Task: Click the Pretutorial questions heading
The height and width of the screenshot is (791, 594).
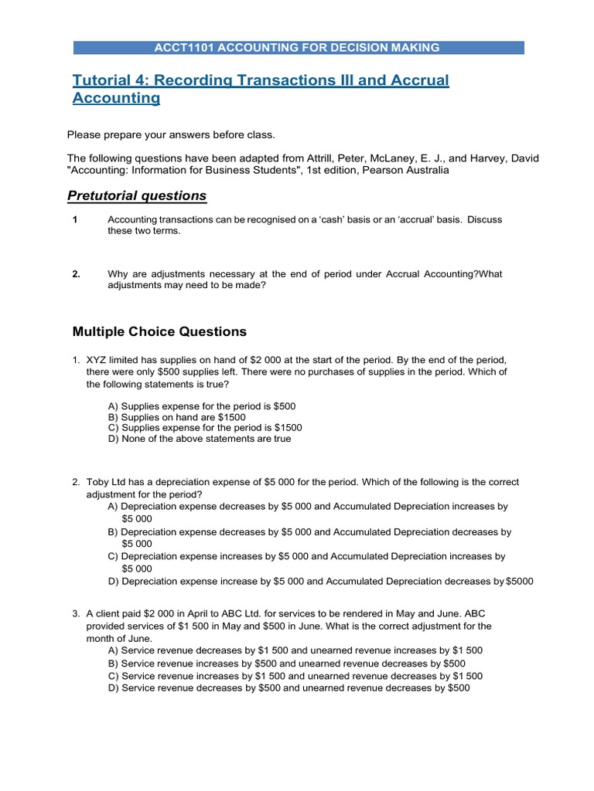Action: click(x=139, y=195)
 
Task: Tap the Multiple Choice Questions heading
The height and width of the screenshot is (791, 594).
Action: click(x=159, y=331)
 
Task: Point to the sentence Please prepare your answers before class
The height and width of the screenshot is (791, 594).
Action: click(x=171, y=134)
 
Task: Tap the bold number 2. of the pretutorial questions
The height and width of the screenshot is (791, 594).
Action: click(x=77, y=273)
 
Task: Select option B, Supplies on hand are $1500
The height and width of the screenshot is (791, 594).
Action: click(x=177, y=416)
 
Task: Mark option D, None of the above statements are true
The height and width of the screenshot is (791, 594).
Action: click(x=200, y=439)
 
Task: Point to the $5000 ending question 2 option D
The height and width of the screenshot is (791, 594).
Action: click(x=519, y=581)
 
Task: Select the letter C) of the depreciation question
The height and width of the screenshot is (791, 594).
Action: click(x=114, y=556)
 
